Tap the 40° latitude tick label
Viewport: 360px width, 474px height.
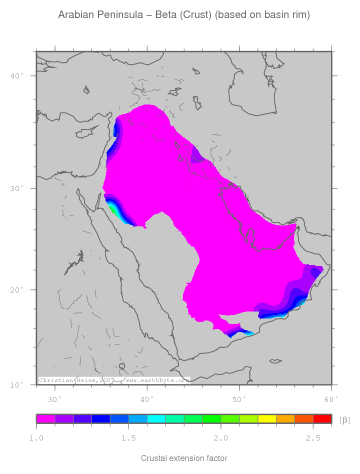(x=17, y=76)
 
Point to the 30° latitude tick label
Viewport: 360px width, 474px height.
(x=17, y=188)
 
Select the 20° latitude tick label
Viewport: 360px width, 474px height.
(x=17, y=290)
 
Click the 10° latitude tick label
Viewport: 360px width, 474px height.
(x=17, y=385)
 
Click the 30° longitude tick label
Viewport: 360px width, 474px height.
(x=54, y=399)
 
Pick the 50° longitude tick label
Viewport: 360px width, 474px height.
(x=239, y=399)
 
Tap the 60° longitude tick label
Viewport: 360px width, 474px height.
(x=331, y=399)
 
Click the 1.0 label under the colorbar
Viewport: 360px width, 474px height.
(x=36, y=438)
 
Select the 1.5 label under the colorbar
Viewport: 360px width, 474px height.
(x=128, y=438)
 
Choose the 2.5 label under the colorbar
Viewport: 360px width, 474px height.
(x=313, y=438)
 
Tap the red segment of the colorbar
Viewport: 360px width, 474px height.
(x=322, y=419)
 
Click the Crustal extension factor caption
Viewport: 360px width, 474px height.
(x=184, y=458)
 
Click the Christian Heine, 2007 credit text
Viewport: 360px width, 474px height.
(x=76, y=380)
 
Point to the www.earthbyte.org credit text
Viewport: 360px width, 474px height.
(x=157, y=380)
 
